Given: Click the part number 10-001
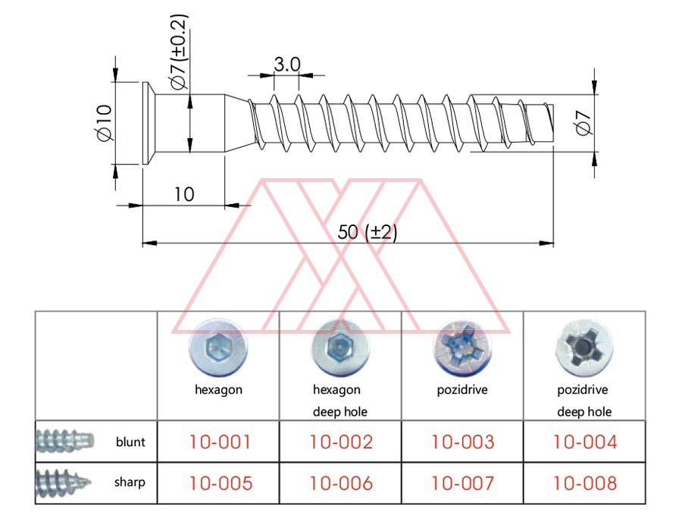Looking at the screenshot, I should click(x=220, y=442).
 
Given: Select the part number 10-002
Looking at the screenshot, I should click(x=341, y=442).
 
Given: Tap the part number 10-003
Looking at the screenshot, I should click(x=462, y=442).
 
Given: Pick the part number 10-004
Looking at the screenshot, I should click(x=584, y=442).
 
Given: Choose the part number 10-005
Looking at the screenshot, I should click(x=220, y=482).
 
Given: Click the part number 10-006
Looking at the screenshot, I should click(x=341, y=482).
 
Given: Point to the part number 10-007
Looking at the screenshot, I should click(x=462, y=482).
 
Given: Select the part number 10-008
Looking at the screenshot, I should click(x=584, y=482).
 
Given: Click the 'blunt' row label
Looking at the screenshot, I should click(x=130, y=441).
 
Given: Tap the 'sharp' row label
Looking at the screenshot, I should click(x=130, y=482).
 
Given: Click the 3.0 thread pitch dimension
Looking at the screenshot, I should click(x=286, y=65).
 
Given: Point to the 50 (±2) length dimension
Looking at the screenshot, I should click(x=367, y=232).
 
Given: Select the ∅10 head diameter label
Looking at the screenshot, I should click(x=104, y=123).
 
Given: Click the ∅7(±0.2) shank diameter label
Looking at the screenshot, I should click(x=179, y=52).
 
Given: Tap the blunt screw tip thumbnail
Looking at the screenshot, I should click(x=64, y=441).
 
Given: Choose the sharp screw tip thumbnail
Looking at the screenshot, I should click(x=64, y=481).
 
